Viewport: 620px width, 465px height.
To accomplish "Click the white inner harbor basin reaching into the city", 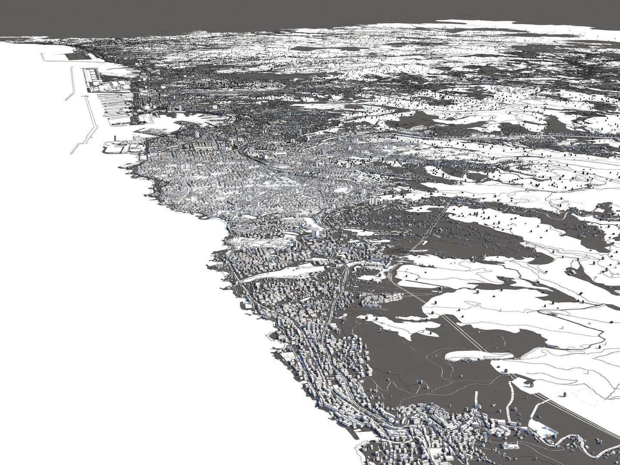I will pos(172,125).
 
